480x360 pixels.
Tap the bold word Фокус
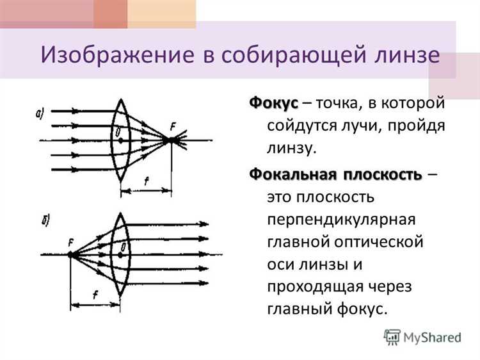pos(274,104)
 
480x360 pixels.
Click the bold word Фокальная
pos(292,174)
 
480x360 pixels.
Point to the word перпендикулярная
pos(342,219)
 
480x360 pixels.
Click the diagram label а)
pos(40,115)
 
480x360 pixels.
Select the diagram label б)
pos(45,222)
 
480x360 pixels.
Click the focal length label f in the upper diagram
pos(147,182)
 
